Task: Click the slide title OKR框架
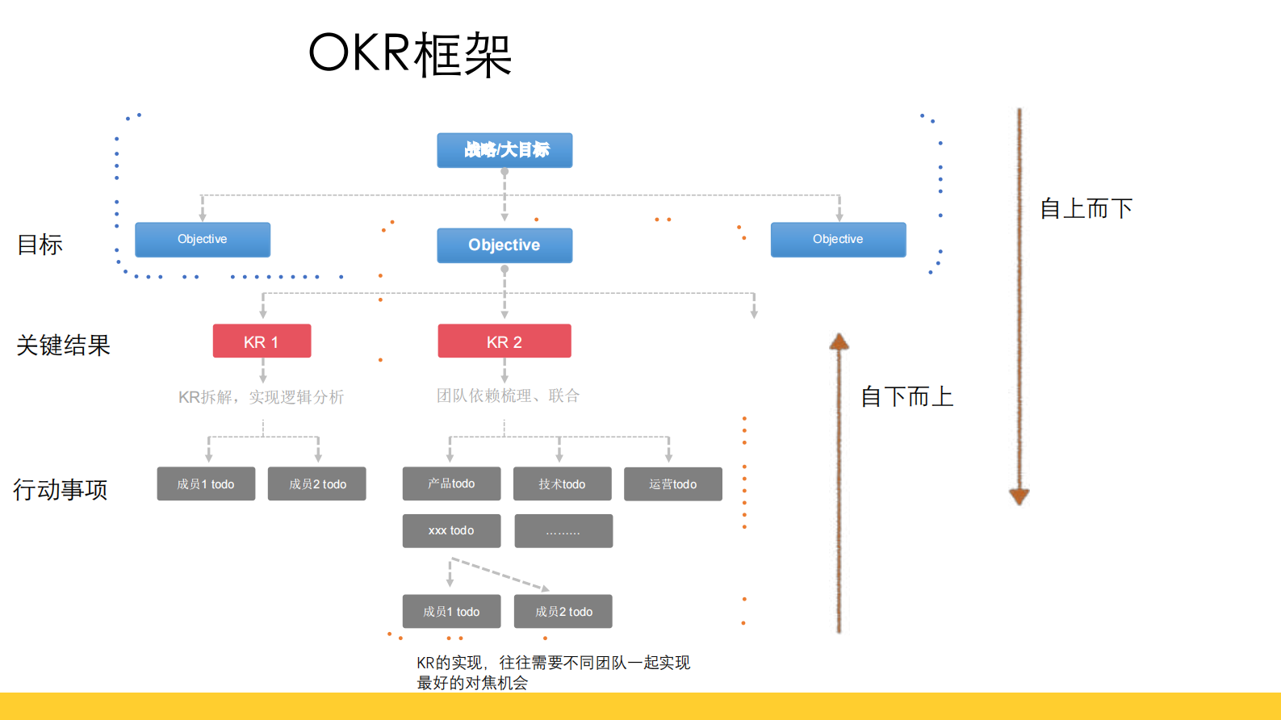410,54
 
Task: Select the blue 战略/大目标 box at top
504,150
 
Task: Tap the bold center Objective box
504,245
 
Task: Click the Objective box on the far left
203,240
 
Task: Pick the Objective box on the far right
838,240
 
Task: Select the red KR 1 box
262,341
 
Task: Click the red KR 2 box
504,341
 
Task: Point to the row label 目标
40,245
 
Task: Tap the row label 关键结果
63,345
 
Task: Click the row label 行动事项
61,489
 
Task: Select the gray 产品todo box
451,483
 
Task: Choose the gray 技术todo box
563,483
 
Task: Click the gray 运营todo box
673,483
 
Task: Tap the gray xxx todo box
451,530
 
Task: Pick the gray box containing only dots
563,531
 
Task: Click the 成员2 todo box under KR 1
317,483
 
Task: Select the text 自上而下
1086,208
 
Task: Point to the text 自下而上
906,396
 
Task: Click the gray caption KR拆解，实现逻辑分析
261,397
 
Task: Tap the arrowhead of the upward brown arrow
839,341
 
